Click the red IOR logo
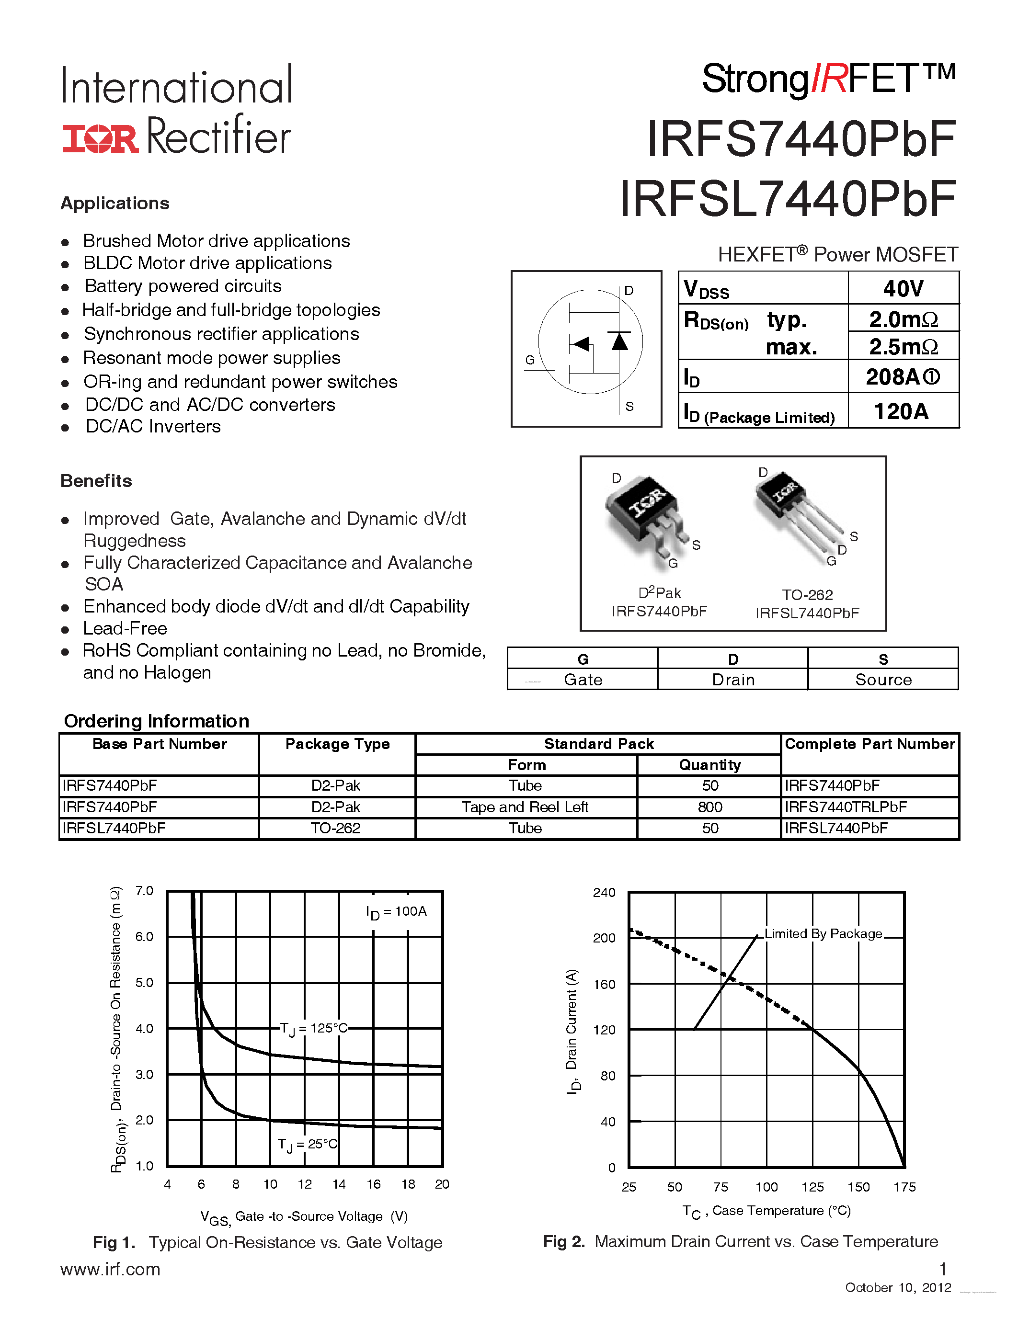[x=100, y=138]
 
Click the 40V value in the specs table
[x=903, y=288]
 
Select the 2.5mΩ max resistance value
[x=903, y=347]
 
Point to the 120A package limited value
[x=901, y=411]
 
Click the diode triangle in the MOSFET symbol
[x=619, y=341]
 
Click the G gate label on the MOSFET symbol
[x=529, y=360]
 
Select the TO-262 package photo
[x=799, y=512]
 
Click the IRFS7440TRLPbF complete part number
[x=846, y=807]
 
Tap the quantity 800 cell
[x=710, y=807]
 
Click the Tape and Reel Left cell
[x=525, y=807]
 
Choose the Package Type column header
[x=337, y=744]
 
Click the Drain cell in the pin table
[x=733, y=680]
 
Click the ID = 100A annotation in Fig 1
[x=396, y=912]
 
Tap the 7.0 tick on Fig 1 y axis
[x=144, y=891]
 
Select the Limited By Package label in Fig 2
[x=823, y=934]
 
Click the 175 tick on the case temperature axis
[x=904, y=1187]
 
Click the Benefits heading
[x=96, y=481]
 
